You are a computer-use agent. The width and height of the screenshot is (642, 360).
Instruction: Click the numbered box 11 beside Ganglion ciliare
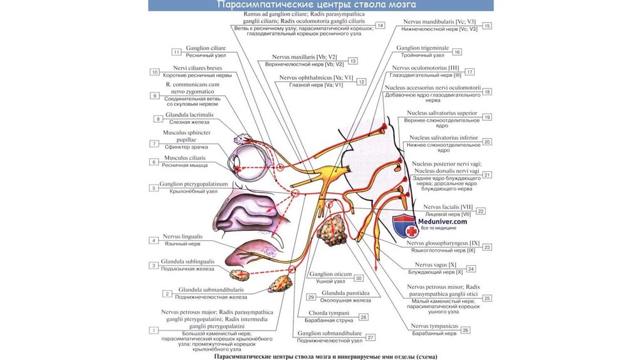click(x=177, y=52)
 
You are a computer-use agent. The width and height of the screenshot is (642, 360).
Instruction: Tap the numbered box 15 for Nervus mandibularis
click(x=487, y=26)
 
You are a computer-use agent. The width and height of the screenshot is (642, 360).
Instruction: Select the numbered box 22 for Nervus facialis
click(x=481, y=211)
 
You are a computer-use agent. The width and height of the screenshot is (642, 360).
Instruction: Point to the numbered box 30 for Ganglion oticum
click(x=359, y=278)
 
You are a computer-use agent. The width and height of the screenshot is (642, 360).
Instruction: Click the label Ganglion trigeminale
click(x=423, y=48)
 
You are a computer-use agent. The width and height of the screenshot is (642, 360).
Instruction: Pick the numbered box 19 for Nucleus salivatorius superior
click(x=487, y=117)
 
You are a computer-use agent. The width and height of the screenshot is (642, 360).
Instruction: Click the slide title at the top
click(x=320, y=6)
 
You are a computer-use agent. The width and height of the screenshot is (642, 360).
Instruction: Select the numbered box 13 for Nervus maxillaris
click(x=354, y=61)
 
